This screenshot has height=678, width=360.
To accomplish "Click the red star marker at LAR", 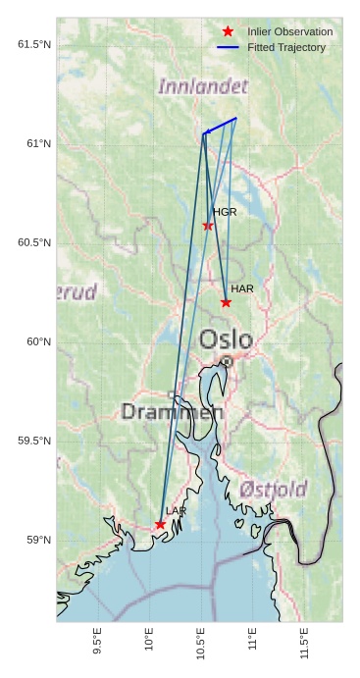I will pos(160,525).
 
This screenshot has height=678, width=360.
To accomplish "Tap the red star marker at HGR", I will pos(208,226).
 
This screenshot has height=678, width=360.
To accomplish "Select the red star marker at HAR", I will pos(227,302).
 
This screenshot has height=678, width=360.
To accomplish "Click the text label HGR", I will pos(225,212).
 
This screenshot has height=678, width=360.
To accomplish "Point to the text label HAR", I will pos(242,289).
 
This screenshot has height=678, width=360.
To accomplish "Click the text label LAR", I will pos(176,511).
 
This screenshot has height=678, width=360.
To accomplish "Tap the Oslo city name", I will pos(226,340).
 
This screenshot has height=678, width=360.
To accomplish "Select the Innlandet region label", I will pos(203,87).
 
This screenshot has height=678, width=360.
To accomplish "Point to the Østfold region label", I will pos(273,489).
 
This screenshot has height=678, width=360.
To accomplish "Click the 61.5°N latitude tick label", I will pos(33,44).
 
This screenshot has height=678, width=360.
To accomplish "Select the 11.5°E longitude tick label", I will pos(305,641).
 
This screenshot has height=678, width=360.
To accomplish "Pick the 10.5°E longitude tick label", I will pos(201,641).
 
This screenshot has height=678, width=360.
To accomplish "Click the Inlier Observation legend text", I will pos(289,32).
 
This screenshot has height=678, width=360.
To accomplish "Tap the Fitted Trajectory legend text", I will pos(286,47).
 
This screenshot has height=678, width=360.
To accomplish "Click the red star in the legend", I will pos(228,32).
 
